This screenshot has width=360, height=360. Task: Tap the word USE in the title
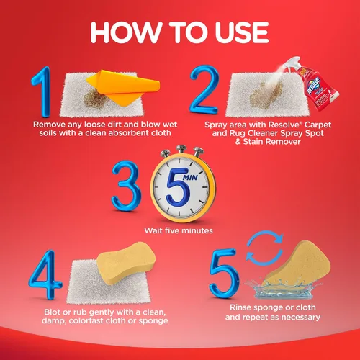[x=242, y=32]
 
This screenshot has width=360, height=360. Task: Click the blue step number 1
[x=42, y=92]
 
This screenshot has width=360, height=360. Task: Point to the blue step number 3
[x=127, y=186]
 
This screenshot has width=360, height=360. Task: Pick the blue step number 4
[x=45, y=274]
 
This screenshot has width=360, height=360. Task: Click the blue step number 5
[x=225, y=273]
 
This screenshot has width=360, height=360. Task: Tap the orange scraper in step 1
[x=123, y=87]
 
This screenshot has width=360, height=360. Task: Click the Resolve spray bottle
[x=312, y=84]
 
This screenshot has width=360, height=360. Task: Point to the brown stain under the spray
[x=266, y=94]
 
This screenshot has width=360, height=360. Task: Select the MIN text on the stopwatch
[x=190, y=177]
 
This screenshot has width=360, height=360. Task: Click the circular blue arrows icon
[x=265, y=248]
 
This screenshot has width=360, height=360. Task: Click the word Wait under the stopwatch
[x=154, y=230]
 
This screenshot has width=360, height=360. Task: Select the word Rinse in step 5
[x=240, y=307]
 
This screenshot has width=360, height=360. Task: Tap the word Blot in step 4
[x=53, y=312]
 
